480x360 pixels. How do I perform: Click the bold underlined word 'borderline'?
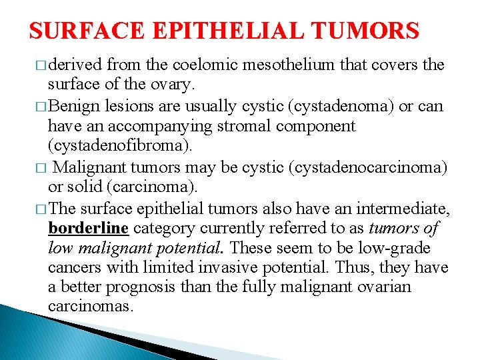88,229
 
